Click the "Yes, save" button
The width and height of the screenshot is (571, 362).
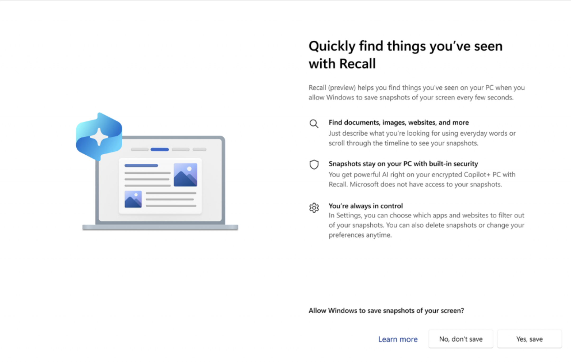tap(529, 339)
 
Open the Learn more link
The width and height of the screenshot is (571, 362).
tap(398, 339)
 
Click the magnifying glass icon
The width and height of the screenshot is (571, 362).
tap(314, 124)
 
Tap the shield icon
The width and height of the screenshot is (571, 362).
tap(314, 165)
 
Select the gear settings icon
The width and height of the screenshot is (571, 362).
tap(314, 208)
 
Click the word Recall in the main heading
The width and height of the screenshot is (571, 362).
tap(357, 64)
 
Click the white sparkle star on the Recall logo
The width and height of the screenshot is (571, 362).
tap(99, 137)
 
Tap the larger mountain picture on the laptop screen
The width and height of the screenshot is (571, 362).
tap(185, 175)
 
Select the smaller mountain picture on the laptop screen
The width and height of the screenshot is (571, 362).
tap(133, 199)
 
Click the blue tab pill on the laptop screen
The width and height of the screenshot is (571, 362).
tap(160, 150)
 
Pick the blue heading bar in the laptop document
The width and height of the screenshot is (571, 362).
tap(141, 165)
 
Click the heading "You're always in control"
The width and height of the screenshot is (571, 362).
tap(366, 206)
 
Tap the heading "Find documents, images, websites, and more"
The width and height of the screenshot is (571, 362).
tap(399, 123)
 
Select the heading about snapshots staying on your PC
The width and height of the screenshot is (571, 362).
tap(403, 164)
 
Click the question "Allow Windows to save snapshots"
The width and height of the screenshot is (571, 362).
tap(386, 311)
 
